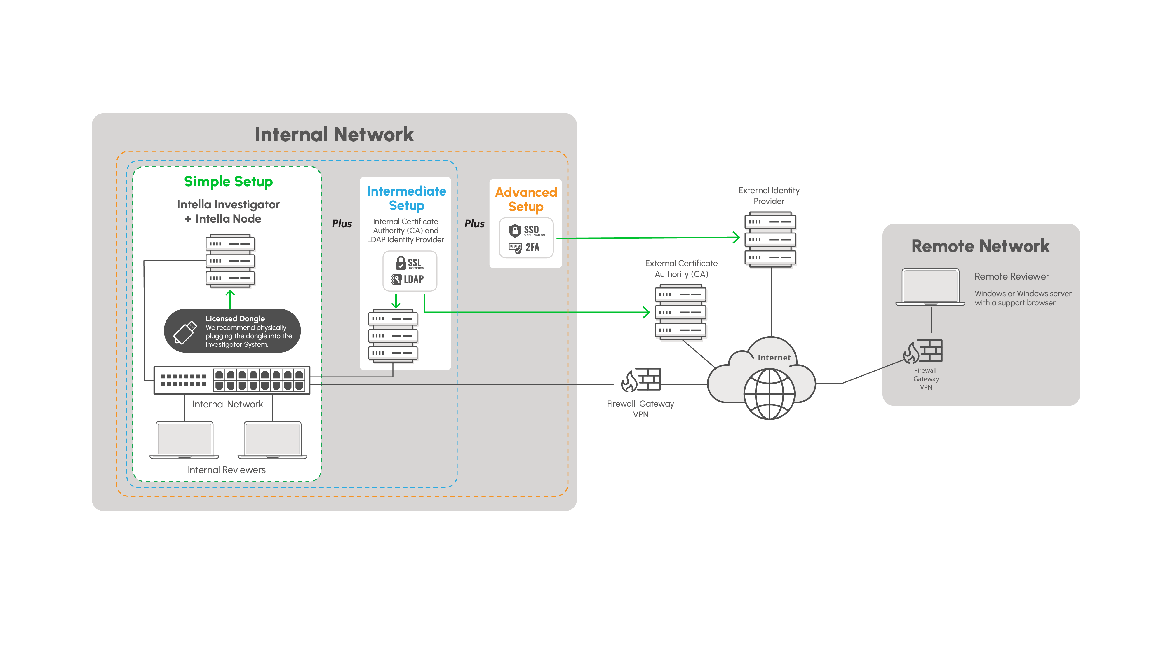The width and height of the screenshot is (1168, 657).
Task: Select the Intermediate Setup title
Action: [406, 198]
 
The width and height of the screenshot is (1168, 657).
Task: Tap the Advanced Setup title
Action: [525, 199]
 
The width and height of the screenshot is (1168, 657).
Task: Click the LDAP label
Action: [414, 279]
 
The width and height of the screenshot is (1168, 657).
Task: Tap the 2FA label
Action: [532, 248]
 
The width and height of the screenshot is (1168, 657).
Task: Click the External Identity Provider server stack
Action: [770, 239]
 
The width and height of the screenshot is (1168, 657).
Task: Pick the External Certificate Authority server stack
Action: [680, 312]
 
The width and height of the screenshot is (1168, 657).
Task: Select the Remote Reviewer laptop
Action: [930, 287]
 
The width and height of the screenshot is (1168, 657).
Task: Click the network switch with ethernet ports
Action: [232, 380]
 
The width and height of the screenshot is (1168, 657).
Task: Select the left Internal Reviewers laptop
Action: [184, 440]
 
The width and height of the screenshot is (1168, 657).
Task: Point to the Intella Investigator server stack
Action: [230, 261]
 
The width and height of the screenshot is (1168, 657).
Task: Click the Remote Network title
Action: [980, 246]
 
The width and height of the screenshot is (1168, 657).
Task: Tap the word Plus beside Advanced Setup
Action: [474, 224]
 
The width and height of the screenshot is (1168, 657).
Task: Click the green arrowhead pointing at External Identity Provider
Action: [736, 237]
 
